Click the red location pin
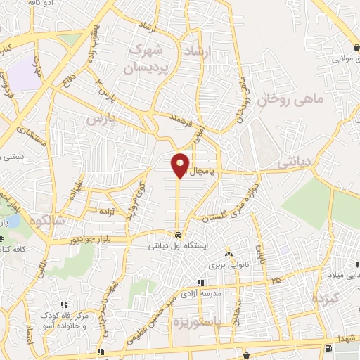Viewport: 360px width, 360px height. click(181, 165)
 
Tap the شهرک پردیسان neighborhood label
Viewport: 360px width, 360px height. click(147, 60)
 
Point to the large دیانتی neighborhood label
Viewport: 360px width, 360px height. click(296, 162)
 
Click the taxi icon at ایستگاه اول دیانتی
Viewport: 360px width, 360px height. click(179, 235)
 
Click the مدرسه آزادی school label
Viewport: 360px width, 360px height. click(200, 295)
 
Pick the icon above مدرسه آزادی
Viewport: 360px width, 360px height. click(200, 283)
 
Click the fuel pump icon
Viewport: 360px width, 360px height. click(328, 349)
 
